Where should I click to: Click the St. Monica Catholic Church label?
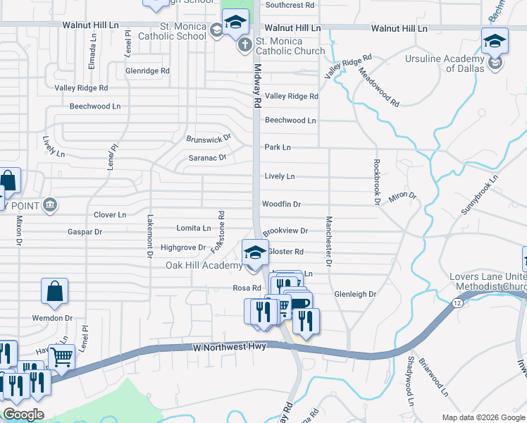pyautogui.click(x=290, y=46)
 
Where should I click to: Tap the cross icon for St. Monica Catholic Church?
pyautogui.click(x=244, y=46)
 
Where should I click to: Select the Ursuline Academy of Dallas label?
pyautogui.click(x=445, y=63)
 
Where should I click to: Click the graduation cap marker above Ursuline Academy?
pyautogui.click(x=495, y=42)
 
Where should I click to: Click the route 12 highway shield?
pyautogui.click(x=457, y=302)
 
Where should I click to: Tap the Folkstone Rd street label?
pyautogui.click(x=221, y=233)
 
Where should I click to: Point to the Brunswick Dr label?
pyautogui.click(x=209, y=138)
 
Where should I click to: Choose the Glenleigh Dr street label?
pyautogui.click(x=355, y=294)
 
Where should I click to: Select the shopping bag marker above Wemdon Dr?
pyautogui.click(x=55, y=291)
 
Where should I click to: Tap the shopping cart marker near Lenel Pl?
pyautogui.click(x=62, y=358)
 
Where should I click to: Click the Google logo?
pyautogui.click(x=23, y=415)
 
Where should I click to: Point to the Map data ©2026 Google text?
pyautogui.click(x=483, y=417)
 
